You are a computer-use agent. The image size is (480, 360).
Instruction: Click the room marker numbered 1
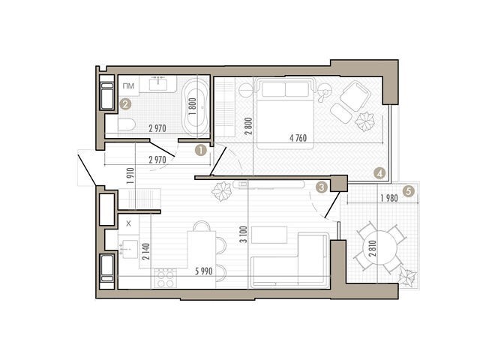(201, 151)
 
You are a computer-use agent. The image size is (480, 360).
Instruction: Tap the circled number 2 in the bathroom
(125, 104)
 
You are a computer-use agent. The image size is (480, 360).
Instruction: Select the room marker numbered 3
(322, 187)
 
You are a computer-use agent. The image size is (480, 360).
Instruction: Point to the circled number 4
(379, 173)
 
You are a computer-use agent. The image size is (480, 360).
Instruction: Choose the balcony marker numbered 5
(409, 192)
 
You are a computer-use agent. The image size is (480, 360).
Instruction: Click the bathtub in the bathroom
(196, 108)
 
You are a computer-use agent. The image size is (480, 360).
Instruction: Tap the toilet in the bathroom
(127, 124)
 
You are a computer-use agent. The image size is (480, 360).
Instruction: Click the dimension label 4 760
(298, 138)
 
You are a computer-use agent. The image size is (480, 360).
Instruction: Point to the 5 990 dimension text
(204, 271)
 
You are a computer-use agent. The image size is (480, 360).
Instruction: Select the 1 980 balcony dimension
(389, 198)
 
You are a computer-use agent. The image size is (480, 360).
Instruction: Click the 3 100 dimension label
(244, 234)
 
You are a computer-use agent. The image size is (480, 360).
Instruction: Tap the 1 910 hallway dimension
(130, 176)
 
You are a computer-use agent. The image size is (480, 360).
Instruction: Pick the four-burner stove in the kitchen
(166, 278)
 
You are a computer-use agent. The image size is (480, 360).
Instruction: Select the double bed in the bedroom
(285, 113)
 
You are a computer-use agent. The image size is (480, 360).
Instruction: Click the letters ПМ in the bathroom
(128, 86)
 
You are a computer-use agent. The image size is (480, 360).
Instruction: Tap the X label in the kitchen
(128, 223)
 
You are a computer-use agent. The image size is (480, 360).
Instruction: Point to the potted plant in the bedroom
(364, 121)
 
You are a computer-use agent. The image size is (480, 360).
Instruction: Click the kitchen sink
(129, 249)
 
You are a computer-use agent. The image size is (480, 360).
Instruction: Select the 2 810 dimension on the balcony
(373, 248)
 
